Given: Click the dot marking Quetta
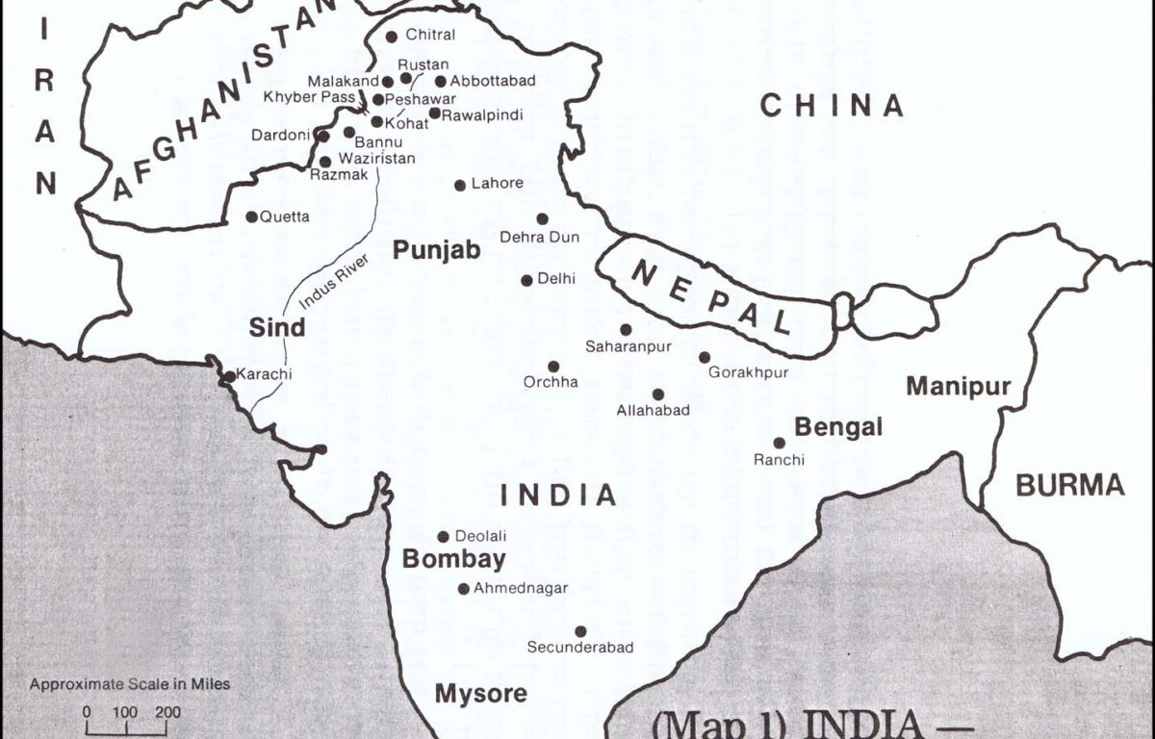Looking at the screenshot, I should [252, 217].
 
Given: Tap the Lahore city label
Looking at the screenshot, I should [497, 184].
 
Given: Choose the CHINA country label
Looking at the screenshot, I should [832, 106].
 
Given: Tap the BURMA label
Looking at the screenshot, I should [1070, 485].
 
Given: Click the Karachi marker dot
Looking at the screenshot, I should [229, 375].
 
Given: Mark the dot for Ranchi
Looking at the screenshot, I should [780, 444].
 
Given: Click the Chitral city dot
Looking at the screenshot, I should [392, 37].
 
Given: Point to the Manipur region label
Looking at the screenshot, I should [958, 387].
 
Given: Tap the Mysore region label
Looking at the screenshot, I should [480, 693].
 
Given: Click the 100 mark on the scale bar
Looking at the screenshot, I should [126, 713].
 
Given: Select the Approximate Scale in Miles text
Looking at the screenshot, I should [130, 685].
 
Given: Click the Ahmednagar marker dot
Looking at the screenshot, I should [464, 589].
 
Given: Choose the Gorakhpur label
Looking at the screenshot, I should [748, 372].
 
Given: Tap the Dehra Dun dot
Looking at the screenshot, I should [543, 219].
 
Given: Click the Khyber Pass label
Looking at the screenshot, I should [309, 97].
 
